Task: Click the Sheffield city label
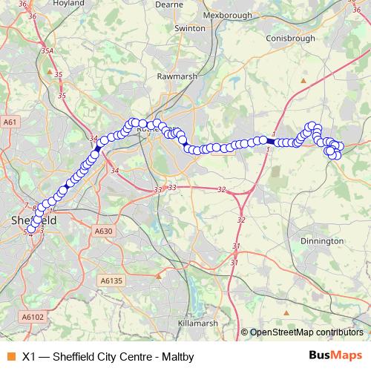coord(33,220)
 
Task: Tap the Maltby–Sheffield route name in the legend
coord(108,357)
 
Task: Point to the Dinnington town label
coord(321,241)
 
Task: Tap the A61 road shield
coord(10,122)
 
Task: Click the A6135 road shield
coord(110,280)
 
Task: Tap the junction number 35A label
coord(48,51)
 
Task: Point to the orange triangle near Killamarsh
coord(158,277)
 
